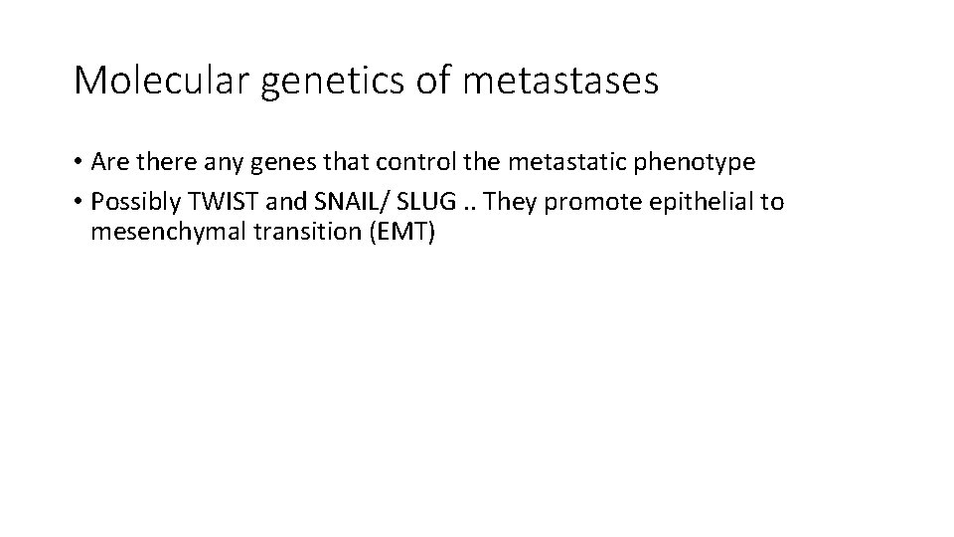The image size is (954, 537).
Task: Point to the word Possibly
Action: pos(132,203)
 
